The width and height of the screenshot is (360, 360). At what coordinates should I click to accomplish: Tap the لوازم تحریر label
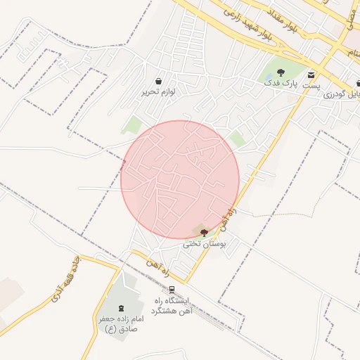click(x=158, y=91)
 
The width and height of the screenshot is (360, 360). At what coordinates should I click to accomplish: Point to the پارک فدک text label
click(x=281, y=82)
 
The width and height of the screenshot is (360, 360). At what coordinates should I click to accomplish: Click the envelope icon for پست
click(x=311, y=74)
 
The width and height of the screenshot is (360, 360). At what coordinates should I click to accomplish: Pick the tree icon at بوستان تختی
click(x=204, y=233)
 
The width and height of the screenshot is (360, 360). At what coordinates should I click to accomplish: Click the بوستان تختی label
click(x=205, y=244)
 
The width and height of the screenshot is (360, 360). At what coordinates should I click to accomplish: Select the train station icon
click(x=172, y=290)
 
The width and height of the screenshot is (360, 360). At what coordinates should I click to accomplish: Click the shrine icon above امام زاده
click(x=118, y=308)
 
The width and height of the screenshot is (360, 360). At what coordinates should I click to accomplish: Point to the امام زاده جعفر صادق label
click(x=117, y=323)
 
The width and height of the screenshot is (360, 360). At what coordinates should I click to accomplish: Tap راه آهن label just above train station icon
click(x=159, y=266)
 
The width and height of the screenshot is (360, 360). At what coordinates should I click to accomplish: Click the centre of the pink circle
click(x=180, y=179)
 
